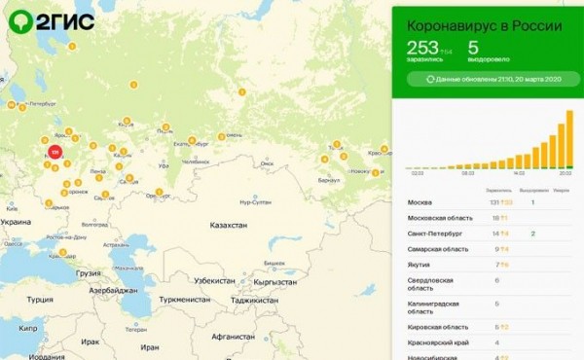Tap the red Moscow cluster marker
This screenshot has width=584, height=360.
coord(55,152)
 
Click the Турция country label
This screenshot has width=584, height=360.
coord(39,300)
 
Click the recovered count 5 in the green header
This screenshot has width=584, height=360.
coord(473,47)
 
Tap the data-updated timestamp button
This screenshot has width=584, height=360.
coord(486,79)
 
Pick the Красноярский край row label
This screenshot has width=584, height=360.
coord(435,342)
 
